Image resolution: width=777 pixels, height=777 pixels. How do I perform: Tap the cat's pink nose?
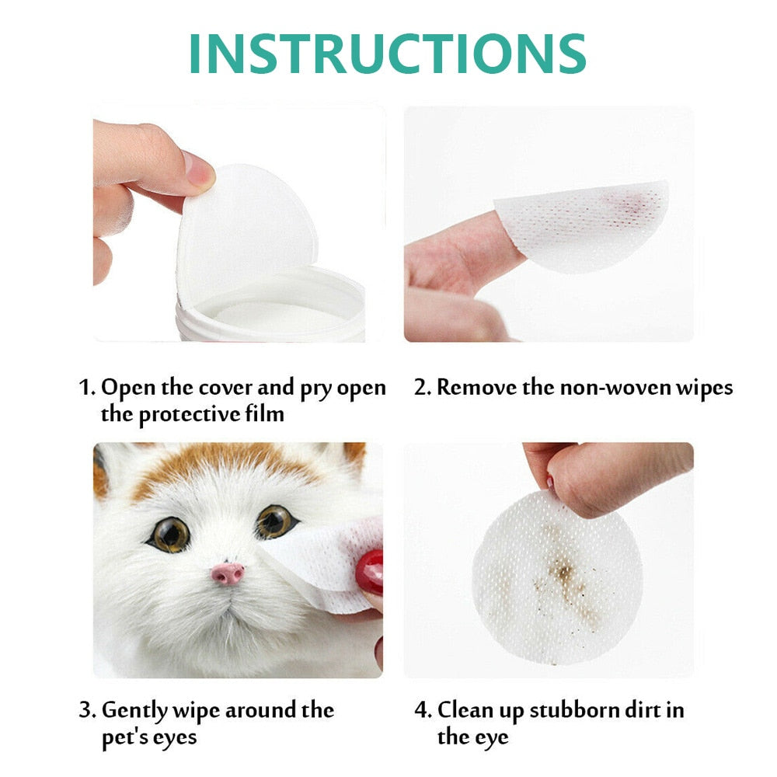228,574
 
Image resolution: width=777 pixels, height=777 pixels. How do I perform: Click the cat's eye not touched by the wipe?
169,534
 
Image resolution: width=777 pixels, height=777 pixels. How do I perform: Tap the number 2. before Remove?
423,388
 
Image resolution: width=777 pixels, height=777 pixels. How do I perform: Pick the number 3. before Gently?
89,710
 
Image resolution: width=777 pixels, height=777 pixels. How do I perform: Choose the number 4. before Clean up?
423,710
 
